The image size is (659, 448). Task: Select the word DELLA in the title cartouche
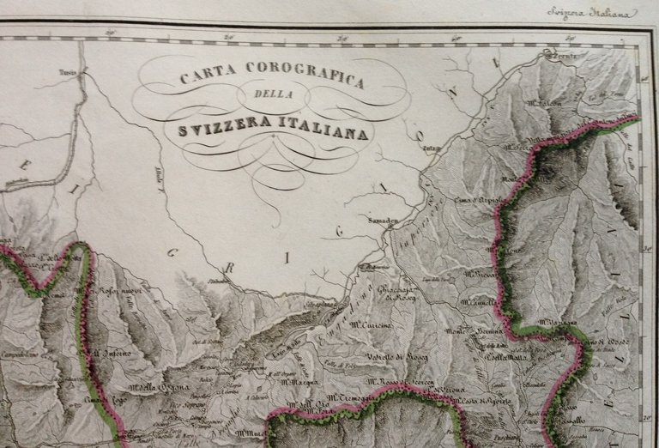tap(273, 106)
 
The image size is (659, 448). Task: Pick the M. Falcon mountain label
tap(544, 104)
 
